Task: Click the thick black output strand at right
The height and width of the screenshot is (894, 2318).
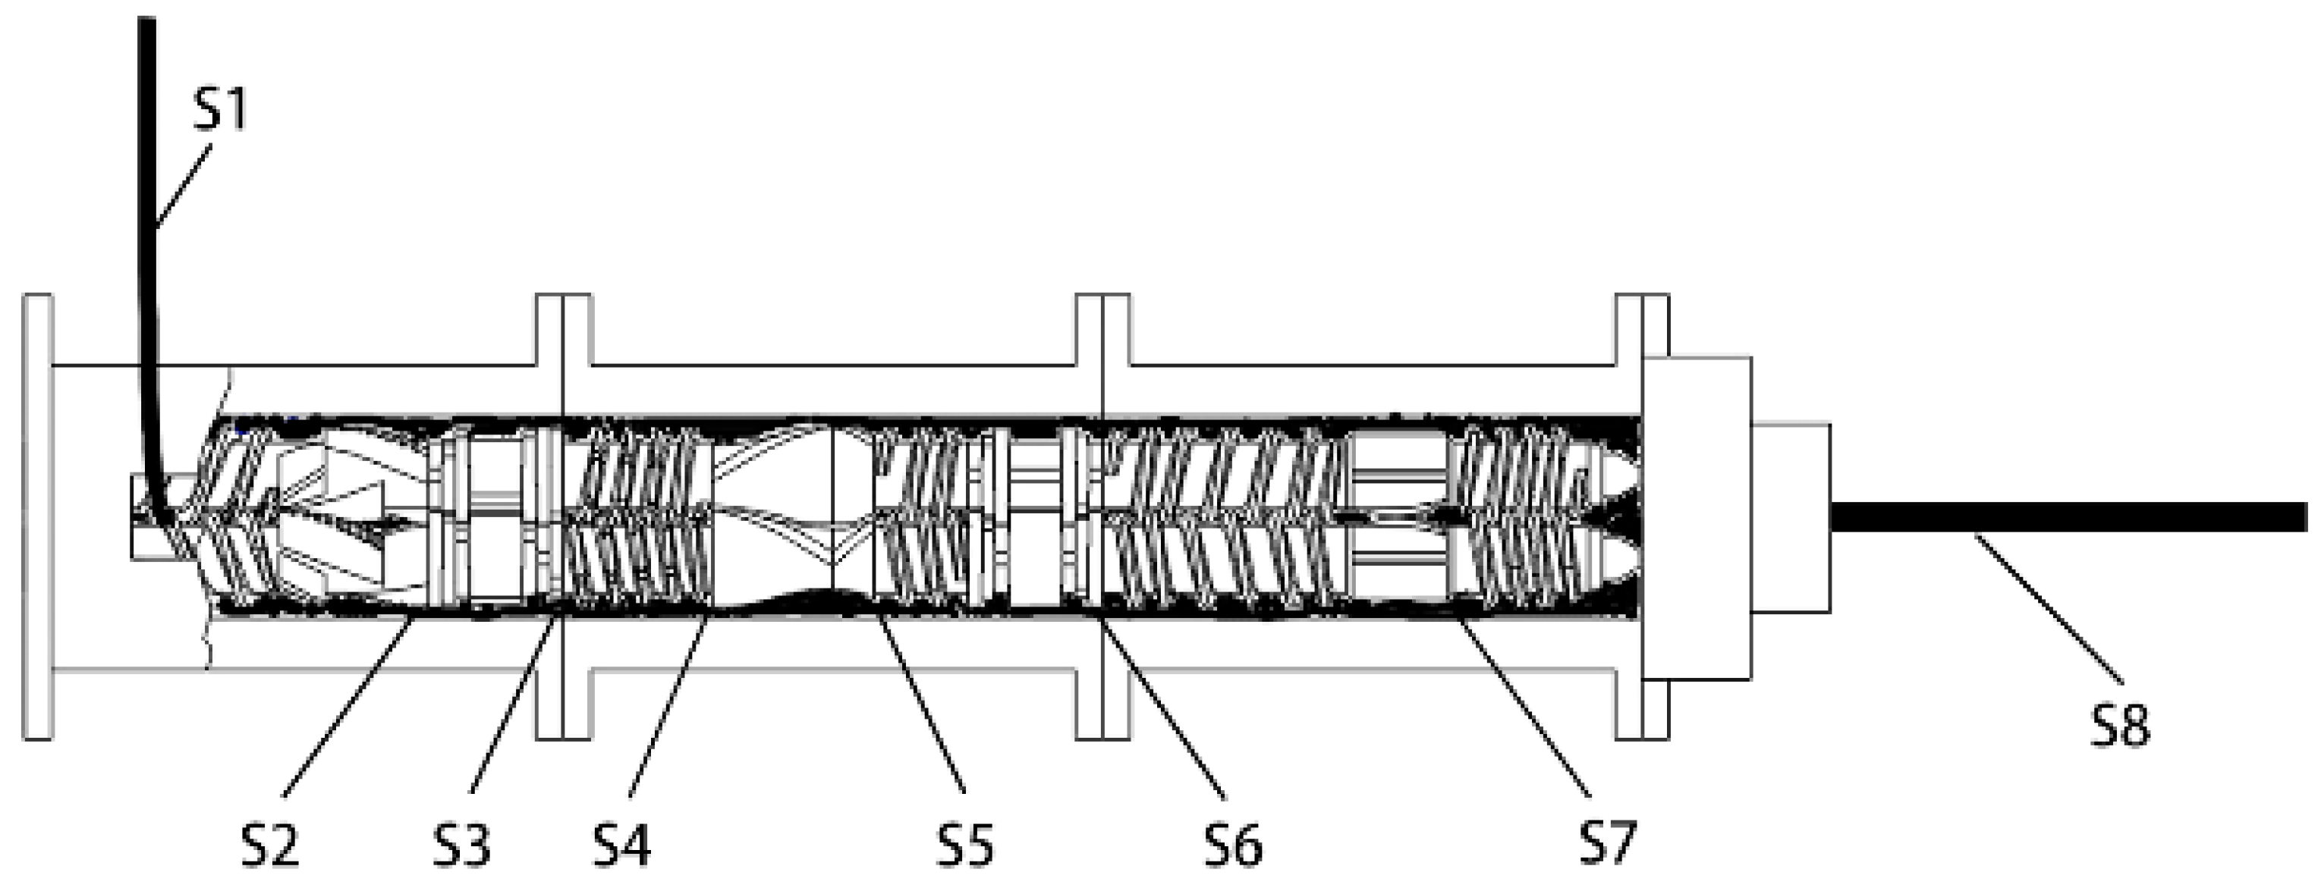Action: tap(2070, 517)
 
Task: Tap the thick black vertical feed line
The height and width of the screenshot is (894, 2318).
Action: tap(146, 225)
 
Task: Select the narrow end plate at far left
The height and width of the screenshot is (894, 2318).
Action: tap(38, 517)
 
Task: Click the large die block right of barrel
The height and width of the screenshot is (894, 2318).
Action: tap(1697, 517)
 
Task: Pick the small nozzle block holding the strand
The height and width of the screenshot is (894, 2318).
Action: tap(1791, 517)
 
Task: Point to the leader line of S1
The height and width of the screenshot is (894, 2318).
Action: tap(184, 184)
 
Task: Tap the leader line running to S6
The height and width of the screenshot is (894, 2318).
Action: tap(1161, 706)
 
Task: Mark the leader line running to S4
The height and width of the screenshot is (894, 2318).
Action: tap(666, 706)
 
